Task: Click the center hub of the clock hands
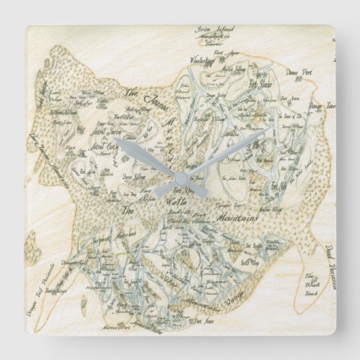(180, 176)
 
